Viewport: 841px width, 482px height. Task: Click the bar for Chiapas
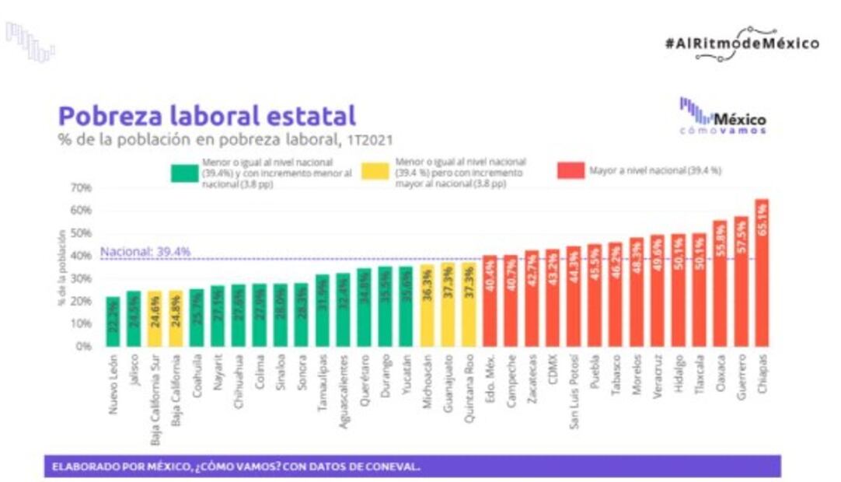pyautogui.click(x=762, y=272)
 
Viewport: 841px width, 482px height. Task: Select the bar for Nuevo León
pyautogui.click(x=113, y=321)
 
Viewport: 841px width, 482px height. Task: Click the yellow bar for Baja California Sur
pyautogui.click(x=155, y=318)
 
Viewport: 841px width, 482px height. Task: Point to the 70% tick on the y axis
pyautogui.click(x=82, y=187)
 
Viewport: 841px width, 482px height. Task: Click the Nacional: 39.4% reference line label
pyautogui.click(x=145, y=253)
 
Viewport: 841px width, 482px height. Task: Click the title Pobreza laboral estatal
pyautogui.click(x=207, y=116)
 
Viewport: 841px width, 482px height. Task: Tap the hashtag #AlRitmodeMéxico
pyautogui.click(x=742, y=44)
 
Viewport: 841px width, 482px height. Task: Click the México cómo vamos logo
pyautogui.click(x=723, y=117)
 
